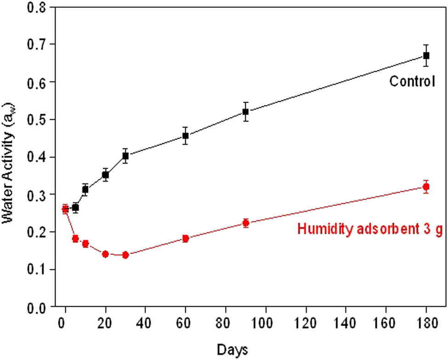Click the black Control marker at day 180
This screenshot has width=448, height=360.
pyautogui.click(x=426, y=55)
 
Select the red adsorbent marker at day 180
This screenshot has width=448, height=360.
pyautogui.click(x=426, y=187)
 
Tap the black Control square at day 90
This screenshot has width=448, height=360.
pyautogui.click(x=246, y=111)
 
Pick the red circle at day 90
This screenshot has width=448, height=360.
pyautogui.click(x=246, y=223)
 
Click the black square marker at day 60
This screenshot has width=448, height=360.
pyautogui.click(x=186, y=136)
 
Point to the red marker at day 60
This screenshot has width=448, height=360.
pyautogui.click(x=186, y=238)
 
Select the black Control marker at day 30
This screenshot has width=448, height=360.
pyautogui.click(x=125, y=156)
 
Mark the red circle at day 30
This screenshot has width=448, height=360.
pyautogui.click(x=125, y=255)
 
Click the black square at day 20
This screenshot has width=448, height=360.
pyautogui.click(x=105, y=175)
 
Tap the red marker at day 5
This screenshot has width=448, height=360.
pyautogui.click(x=75, y=238)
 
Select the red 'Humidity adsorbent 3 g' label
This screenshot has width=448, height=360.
pyautogui.click(x=370, y=229)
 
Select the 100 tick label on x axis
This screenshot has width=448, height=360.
pyautogui.click(x=266, y=324)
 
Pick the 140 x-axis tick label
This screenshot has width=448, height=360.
pyautogui.click(x=346, y=324)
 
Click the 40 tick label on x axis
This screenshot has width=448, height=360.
pyautogui.click(x=145, y=324)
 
